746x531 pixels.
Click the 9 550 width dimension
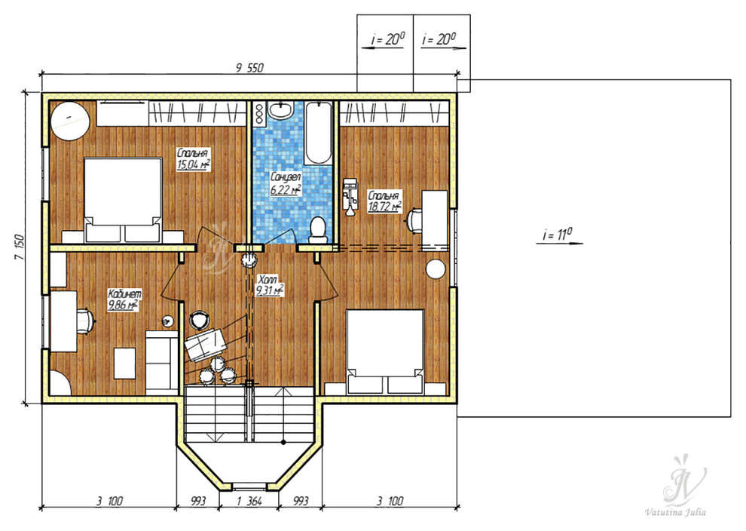pos(249,68)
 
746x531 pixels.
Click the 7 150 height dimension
pos(20,247)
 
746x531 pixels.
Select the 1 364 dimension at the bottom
pos(249,501)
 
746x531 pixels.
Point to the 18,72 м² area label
pos(384,206)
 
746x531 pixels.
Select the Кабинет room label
pos(124,294)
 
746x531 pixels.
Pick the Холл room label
pos(266,280)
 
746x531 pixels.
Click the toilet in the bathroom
pos(316,229)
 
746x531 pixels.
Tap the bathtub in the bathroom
pos(318,133)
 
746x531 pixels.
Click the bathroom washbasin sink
pos(280,110)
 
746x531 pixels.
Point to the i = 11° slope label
pos(557,235)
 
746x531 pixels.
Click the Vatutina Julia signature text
pos(675,512)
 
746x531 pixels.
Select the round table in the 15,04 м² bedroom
pos(70,121)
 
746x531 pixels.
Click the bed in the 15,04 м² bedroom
pos(124,201)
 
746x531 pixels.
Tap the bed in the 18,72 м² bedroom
pos(385,351)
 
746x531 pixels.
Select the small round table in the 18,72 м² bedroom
pos(436,269)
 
